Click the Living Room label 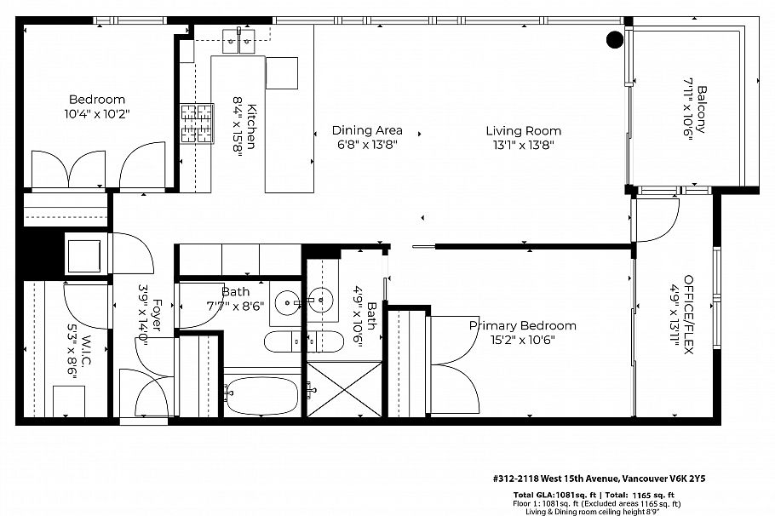coord(523,130)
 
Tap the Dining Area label coord(366,130)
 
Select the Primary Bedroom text coord(522,325)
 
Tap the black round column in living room coord(613,39)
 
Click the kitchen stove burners coord(196,123)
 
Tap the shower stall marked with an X coord(344,389)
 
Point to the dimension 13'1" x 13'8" coord(523,144)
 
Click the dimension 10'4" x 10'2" coord(96,113)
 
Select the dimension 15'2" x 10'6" coord(522,339)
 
